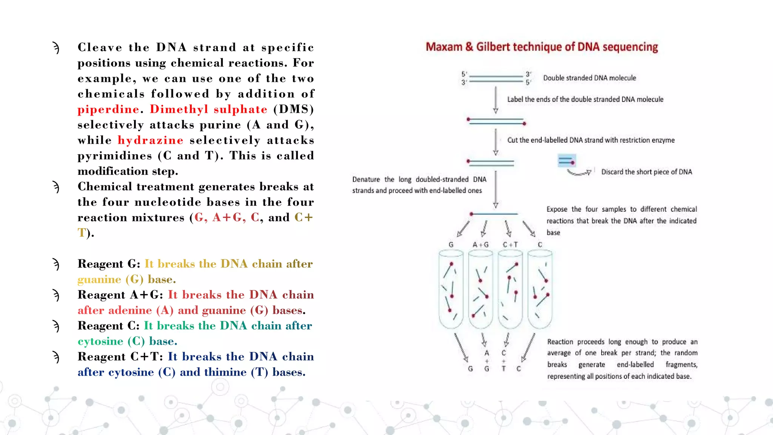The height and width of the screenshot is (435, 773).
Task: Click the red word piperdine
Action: point(108,110)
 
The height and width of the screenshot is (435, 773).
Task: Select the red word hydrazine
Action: point(150,140)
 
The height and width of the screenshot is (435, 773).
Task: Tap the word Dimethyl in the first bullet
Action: point(179,110)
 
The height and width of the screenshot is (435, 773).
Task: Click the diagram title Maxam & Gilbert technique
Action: point(542,47)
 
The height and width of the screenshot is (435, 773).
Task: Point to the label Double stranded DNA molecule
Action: point(589,78)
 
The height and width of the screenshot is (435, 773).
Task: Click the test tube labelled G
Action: point(451,289)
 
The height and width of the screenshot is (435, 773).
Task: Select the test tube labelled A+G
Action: point(480,289)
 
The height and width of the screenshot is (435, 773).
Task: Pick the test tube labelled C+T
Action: point(510,289)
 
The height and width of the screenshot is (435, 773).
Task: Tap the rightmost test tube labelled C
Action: point(540,289)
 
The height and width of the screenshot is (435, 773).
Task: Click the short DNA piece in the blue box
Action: point(567,161)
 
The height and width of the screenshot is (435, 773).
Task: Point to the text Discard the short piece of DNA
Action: point(646,172)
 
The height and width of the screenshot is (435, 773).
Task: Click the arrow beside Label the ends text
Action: point(496,100)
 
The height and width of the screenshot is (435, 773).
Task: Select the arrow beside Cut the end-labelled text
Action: point(496,142)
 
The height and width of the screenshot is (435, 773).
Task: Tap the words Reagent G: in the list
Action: point(109,264)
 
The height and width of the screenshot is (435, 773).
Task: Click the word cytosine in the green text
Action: point(100,341)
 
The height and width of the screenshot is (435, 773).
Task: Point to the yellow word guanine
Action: point(99,279)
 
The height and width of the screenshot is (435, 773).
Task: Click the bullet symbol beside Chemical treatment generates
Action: point(56,187)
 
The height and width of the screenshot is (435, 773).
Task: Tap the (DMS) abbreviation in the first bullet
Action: point(293,110)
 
